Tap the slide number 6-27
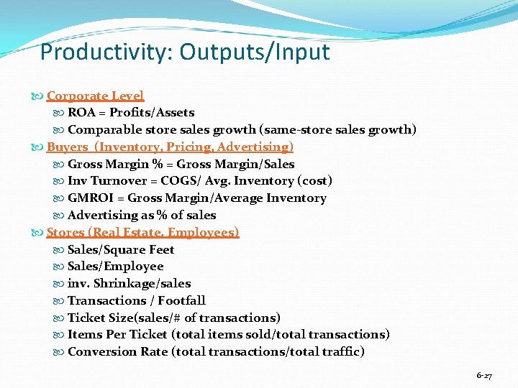[x=484, y=376]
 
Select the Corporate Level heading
[x=95, y=96]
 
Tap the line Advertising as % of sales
[x=142, y=216]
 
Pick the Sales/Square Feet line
[x=121, y=249]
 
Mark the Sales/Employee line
[x=115, y=267]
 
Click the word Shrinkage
[x=120, y=284]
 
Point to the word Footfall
[x=181, y=301]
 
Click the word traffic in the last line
[x=339, y=352]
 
